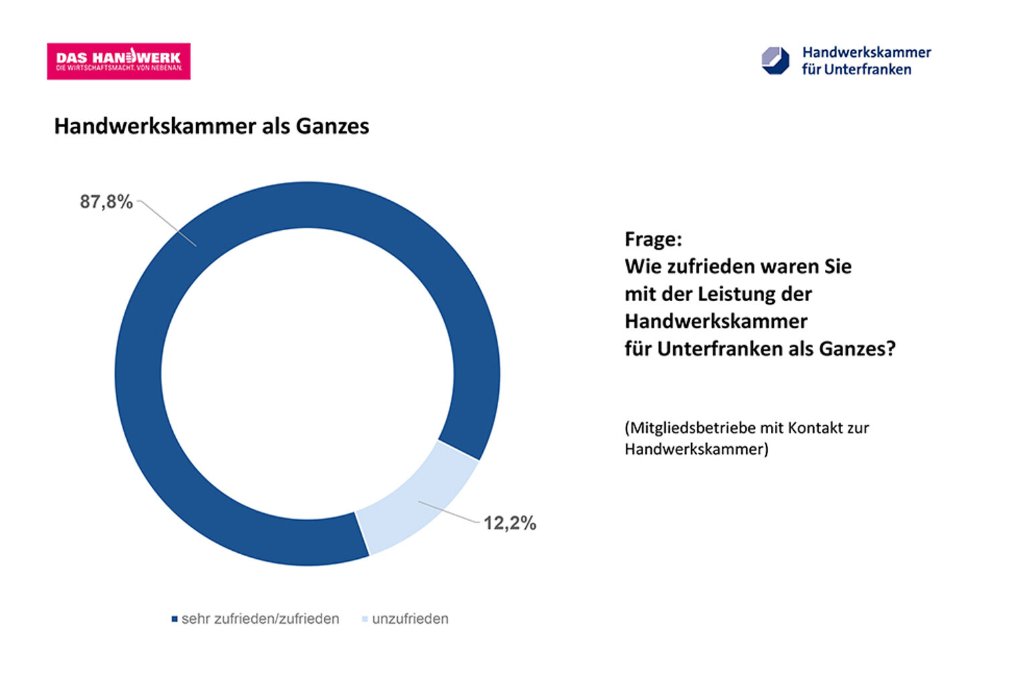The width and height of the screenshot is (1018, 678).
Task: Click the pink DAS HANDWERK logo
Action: click(x=119, y=62)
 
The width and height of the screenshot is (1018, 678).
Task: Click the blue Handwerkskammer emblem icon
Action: click(x=776, y=61)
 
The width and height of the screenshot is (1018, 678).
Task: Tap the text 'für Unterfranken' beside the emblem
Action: click(x=856, y=70)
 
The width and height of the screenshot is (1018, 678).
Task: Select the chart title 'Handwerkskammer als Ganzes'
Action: click(x=211, y=126)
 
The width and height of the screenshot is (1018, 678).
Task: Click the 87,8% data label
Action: click(x=106, y=201)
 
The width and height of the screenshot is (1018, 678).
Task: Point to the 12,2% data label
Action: click(x=510, y=523)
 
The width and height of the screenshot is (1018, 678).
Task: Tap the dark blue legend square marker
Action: click(x=175, y=619)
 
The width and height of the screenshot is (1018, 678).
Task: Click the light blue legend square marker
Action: click(x=365, y=619)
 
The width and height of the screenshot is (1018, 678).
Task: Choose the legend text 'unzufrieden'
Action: click(x=410, y=619)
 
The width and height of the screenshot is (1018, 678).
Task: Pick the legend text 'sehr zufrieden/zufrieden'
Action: click(x=260, y=619)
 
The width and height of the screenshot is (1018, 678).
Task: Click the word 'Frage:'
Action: click(x=653, y=239)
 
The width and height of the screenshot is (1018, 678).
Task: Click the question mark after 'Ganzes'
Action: click(x=890, y=349)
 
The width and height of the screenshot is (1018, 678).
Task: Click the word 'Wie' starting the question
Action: click(x=639, y=266)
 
